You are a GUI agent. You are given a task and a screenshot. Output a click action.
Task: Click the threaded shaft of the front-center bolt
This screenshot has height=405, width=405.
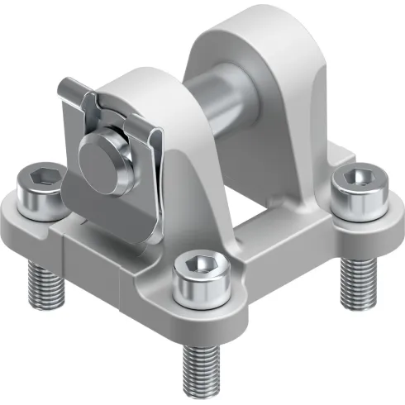[200, 355]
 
